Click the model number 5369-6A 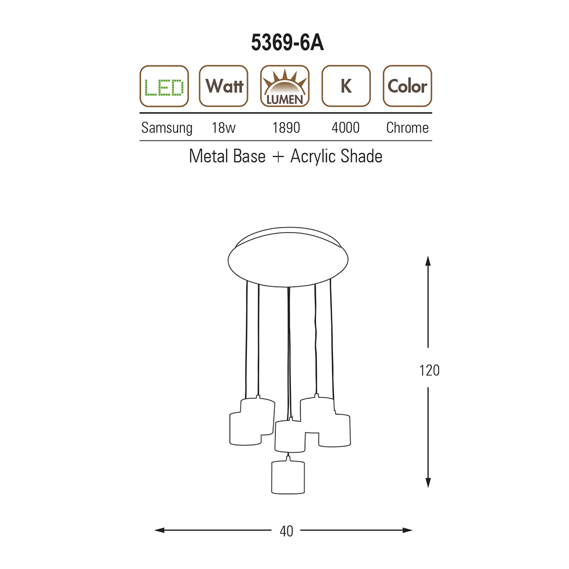point(287,43)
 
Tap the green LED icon point(164,86)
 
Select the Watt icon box point(224,86)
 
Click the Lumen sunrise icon point(285,86)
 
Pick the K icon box point(346,86)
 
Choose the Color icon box point(407,86)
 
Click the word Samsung point(167,128)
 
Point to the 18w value point(224,127)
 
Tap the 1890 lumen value point(286,127)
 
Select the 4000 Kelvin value point(345,127)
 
